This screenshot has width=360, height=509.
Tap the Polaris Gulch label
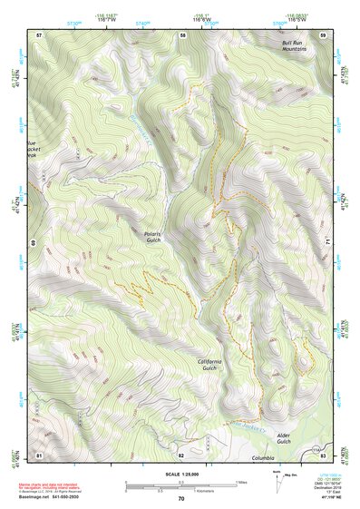tap(158, 238)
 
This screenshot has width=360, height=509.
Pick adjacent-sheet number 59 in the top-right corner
tap(323, 34)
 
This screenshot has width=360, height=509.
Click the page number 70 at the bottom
tap(181, 499)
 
